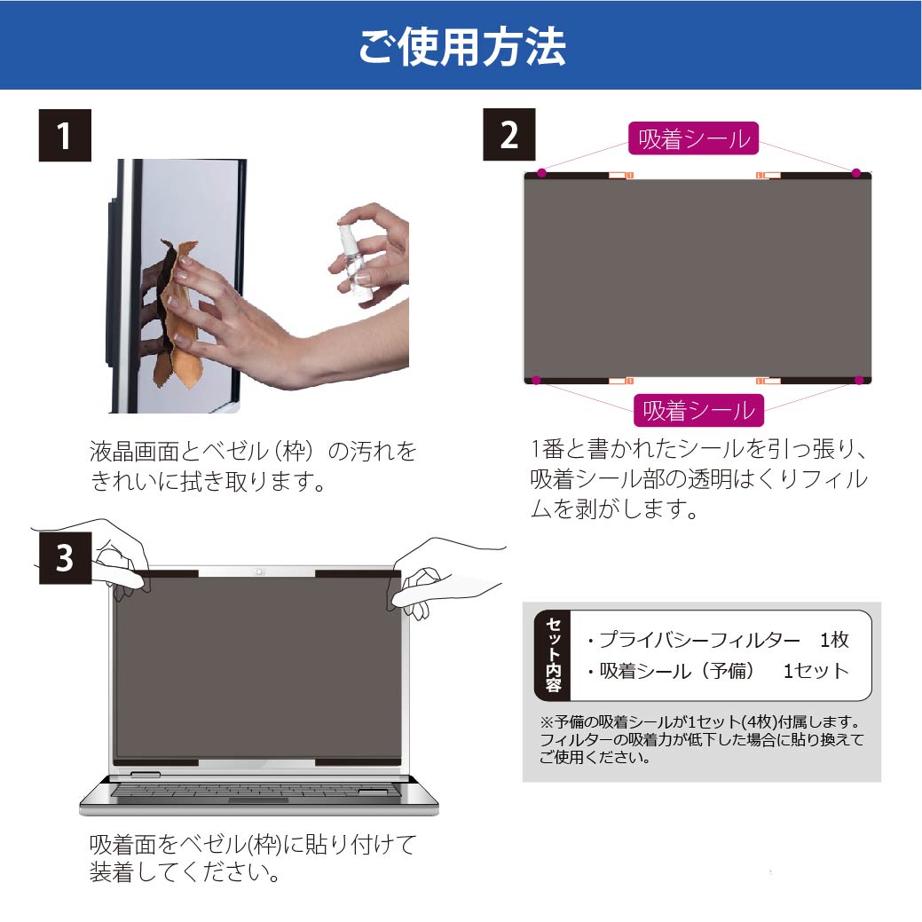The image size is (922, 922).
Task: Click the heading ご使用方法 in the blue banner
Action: tap(462, 46)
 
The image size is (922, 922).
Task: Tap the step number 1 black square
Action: tap(65, 135)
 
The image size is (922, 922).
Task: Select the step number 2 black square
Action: tap(509, 135)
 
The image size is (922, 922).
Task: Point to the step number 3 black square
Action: tap(66, 558)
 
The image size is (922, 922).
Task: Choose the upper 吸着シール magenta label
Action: tap(694, 138)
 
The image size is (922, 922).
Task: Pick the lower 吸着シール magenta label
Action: tap(698, 410)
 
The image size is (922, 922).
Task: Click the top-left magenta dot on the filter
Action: tap(542, 173)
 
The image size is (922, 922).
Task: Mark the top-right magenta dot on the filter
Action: tap(856, 173)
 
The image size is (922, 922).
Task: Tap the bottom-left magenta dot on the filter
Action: tap(536, 381)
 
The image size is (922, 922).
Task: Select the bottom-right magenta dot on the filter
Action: tap(859, 381)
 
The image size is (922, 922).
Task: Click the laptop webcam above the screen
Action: tap(259, 571)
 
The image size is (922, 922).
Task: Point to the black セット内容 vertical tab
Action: tap(553, 656)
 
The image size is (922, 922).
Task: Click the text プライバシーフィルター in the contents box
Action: tap(700, 640)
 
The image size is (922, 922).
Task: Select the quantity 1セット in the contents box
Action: tap(816, 671)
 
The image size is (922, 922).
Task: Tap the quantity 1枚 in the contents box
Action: tap(834, 640)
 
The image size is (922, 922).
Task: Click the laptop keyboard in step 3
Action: tap(256, 791)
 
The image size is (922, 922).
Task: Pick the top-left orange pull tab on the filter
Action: tap(619, 175)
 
